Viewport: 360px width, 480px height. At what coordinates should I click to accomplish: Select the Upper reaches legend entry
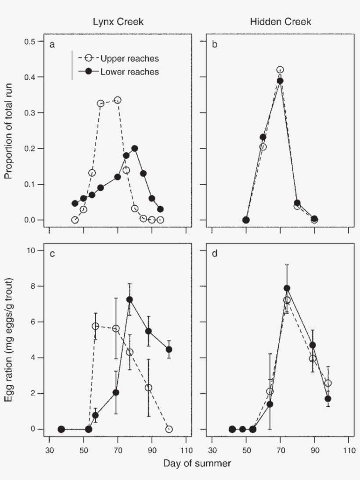130,58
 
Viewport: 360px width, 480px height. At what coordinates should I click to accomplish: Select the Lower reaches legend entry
130,72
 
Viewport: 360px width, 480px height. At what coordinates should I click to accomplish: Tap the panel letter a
52,45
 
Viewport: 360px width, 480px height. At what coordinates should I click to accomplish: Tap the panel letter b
215,45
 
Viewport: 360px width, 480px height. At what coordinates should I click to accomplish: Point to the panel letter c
52,254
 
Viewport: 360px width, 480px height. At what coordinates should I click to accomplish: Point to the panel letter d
215,254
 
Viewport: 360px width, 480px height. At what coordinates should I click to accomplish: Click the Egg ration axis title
8,340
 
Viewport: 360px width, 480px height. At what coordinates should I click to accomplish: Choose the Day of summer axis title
195,463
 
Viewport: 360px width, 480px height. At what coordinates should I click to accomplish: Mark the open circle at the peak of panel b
280,70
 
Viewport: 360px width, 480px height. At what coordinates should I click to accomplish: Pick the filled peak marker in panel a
135,148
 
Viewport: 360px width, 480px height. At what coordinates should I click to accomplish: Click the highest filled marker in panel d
287,288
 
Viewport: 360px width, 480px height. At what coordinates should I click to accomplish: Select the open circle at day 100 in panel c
169,429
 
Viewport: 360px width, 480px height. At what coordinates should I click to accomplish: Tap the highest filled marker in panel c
130,299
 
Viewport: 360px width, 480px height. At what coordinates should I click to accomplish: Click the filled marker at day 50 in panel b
246,220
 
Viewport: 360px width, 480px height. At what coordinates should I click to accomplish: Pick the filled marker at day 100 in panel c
169,350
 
